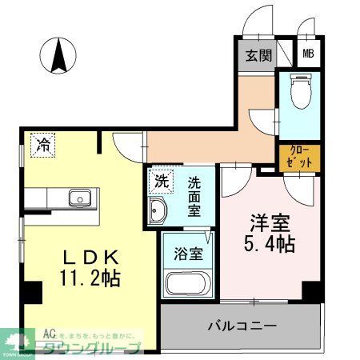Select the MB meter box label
(307, 55)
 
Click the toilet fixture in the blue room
(301, 90)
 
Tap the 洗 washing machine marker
(161, 181)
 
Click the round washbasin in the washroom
(158, 210)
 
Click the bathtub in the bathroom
(189, 283)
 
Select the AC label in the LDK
(49, 331)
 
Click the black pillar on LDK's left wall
(30, 294)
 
